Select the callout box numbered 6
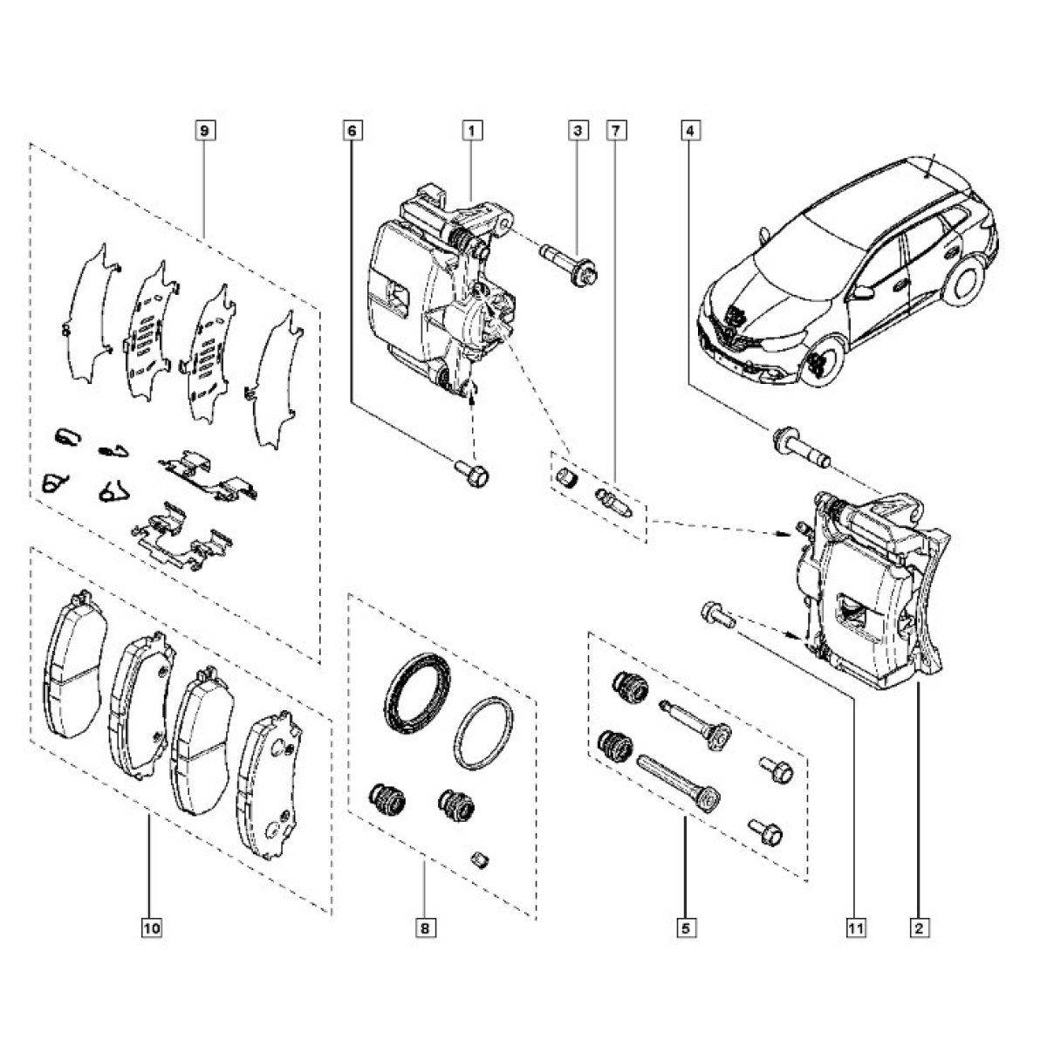(x=352, y=131)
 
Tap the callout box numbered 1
(x=472, y=131)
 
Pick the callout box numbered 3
(x=577, y=131)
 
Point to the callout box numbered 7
(x=615, y=131)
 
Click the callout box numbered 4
(x=689, y=131)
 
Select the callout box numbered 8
(x=424, y=929)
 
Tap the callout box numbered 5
(x=685, y=929)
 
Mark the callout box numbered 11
(x=856, y=929)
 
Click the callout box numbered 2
(x=918, y=929)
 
